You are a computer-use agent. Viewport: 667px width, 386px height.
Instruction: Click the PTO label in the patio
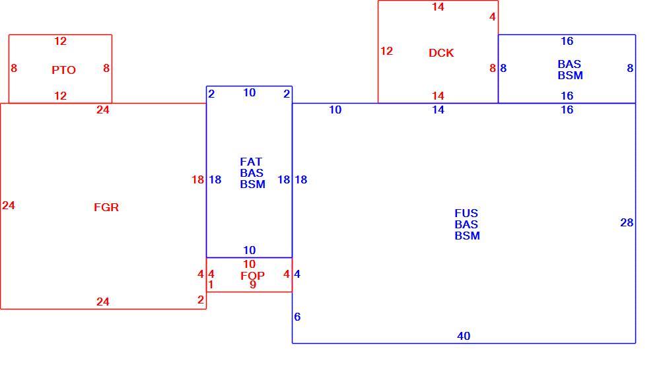click(x=63, y=70)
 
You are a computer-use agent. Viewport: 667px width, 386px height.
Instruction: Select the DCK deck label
click(x=441, y=53)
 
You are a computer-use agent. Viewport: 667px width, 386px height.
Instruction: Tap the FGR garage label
click(x=106, y=207)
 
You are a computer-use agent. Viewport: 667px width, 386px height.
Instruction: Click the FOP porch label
click(x=252, y=276)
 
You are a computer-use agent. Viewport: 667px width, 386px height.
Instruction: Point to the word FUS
click(x=466, y=213)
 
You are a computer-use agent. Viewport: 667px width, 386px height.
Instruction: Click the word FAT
click(x=251, y=162)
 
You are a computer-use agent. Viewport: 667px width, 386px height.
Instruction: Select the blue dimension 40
click(x=464, y=337)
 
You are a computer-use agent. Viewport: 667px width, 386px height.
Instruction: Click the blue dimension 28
click(x=627, y=223)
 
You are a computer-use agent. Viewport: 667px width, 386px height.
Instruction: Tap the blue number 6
click(x=297, y=317)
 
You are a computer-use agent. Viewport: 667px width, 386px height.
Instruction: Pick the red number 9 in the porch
click(x=253, y=285)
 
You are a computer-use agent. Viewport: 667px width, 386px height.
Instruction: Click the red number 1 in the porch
click(x=211, y=285)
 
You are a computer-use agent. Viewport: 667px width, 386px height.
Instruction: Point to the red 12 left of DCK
click(x=386, y=51)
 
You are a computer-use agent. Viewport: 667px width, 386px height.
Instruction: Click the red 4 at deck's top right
click(x=493, y=17)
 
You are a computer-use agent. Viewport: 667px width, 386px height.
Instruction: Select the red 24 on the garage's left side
click(x=9, y=206)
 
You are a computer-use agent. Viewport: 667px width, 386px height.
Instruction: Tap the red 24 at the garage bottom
click(x=102, y=302)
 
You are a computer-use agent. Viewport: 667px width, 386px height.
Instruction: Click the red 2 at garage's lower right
click(x=201, y=300)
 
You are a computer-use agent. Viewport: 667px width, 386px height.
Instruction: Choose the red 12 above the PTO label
click(x=60, y=41)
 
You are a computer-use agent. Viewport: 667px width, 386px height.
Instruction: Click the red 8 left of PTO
click(x=14, y=68)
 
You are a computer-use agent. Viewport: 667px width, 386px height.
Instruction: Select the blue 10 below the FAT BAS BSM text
click(x=249, y=250)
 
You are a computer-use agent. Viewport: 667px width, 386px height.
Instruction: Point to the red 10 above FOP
click(x=249, y=265)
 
